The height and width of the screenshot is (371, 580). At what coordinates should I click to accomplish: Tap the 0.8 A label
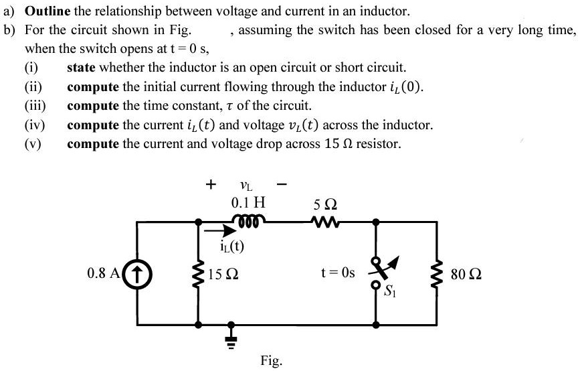click(x=104, y=274)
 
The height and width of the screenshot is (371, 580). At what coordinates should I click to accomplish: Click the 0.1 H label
click(x=248, y=202)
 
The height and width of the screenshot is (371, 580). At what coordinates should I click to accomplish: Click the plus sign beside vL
click(x=211, y=182)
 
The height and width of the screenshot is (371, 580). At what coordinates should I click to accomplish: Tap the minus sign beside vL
click(x=282, y=182)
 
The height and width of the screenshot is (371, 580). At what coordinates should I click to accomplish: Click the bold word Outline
click(x=46, y=11)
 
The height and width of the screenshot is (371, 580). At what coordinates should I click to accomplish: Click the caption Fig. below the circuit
click(x=272, y=361)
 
